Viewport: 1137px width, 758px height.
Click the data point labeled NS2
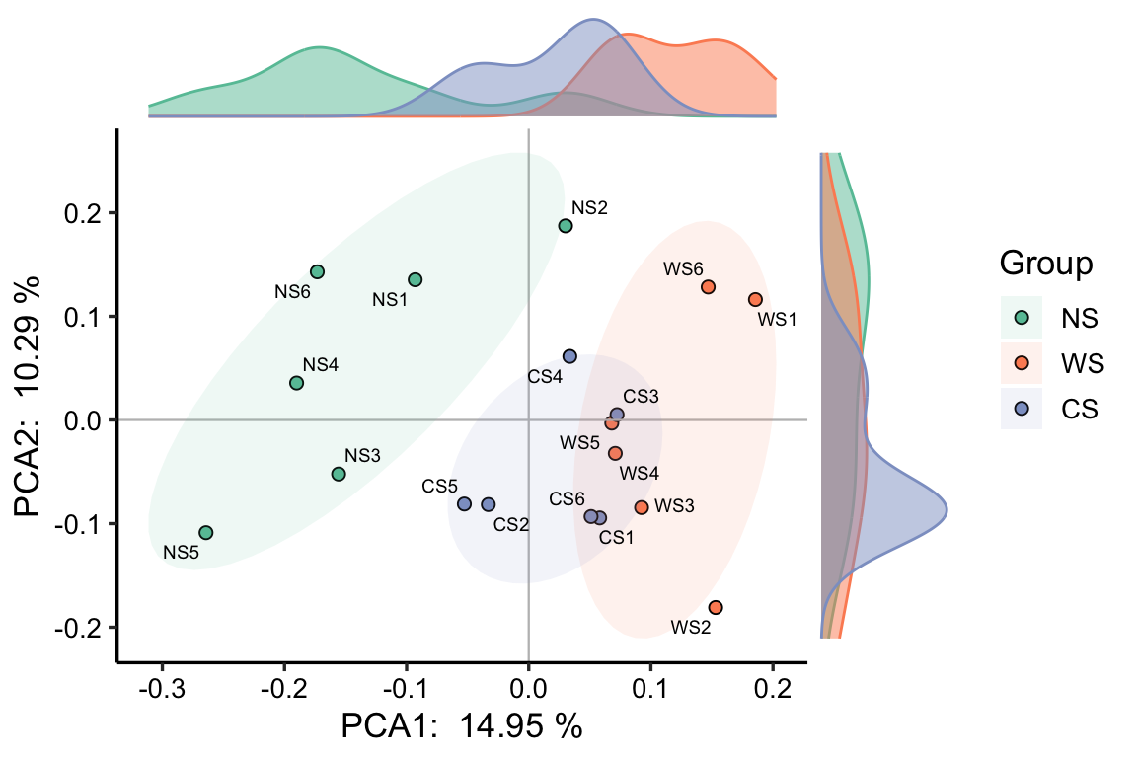coord(566,226)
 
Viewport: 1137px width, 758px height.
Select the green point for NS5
coord(205,533)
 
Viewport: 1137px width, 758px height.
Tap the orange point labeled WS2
coord(716,607)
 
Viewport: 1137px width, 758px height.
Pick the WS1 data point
coord(755,299)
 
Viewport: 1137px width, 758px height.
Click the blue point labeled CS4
coord(569,356)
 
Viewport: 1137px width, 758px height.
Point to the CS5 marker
coord(465,504)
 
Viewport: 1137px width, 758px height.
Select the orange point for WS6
coord(708,287)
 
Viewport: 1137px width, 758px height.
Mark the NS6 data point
coord(317,272)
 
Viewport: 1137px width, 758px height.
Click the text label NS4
coord(321,365)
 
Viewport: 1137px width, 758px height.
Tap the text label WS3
coord(675,506)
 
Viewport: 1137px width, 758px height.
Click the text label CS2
coord(511,524)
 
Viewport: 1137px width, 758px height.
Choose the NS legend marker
coord(1022,318)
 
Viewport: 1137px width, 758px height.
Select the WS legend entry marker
coord(1022,363)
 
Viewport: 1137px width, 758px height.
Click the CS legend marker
coord(1022,408)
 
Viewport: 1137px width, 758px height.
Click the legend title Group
coord(1045,264)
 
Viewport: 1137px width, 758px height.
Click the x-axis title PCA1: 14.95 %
coord(461,726)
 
